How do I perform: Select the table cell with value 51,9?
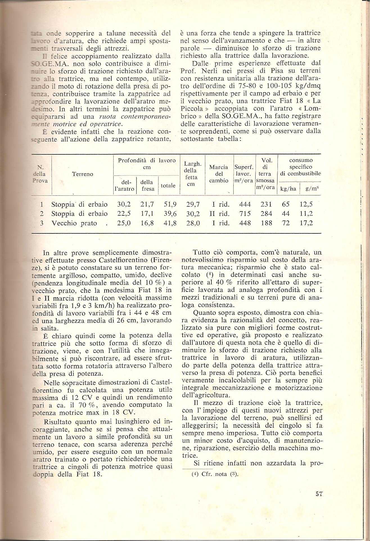170,204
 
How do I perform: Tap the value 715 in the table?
245,214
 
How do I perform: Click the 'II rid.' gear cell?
219,214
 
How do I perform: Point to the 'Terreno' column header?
82,174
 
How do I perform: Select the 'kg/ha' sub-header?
288,189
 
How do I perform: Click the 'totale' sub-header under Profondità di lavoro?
168,186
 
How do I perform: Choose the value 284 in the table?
266,214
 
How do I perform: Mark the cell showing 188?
266,223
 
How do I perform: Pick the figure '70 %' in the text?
90,405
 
